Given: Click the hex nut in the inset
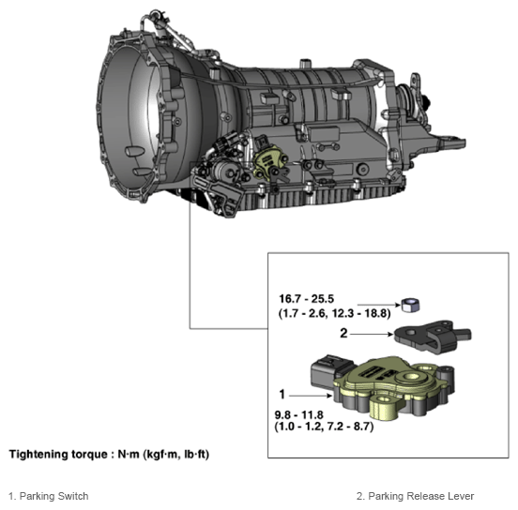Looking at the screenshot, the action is [x=410, y=305].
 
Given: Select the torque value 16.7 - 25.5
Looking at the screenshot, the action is [x=306, y=299].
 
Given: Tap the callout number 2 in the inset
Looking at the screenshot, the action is [x=343, y=333].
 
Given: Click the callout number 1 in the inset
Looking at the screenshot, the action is [x=282, y=394].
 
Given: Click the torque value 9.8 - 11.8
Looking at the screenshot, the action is [x=299, y=414].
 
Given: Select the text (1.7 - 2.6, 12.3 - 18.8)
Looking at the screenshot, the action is [x=334, y=313].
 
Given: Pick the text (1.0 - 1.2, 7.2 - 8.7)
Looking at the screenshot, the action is [x=324, y=427].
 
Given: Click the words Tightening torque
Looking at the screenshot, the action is [x=58, y=454].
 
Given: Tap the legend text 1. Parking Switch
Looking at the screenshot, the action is [x=48, y=496].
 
